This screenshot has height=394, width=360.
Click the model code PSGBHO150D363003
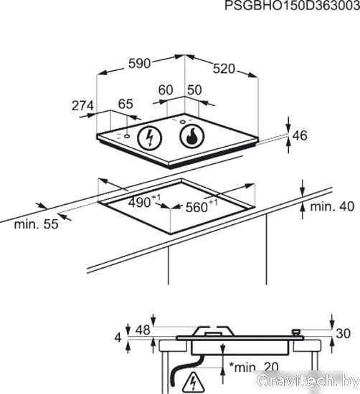point(292,6)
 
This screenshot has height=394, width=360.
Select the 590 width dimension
point(139,64)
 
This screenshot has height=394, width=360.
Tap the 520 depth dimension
point(224,69)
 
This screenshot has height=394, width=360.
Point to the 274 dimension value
point(82,106)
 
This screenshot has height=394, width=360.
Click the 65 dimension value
point(125,104)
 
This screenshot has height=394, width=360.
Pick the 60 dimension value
point(166,90)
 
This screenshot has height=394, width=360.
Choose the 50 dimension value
point(194,90)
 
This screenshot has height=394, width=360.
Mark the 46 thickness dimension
point(300,135)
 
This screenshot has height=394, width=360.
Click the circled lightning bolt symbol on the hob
point(150,138)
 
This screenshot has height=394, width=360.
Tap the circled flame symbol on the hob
point(192,136)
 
